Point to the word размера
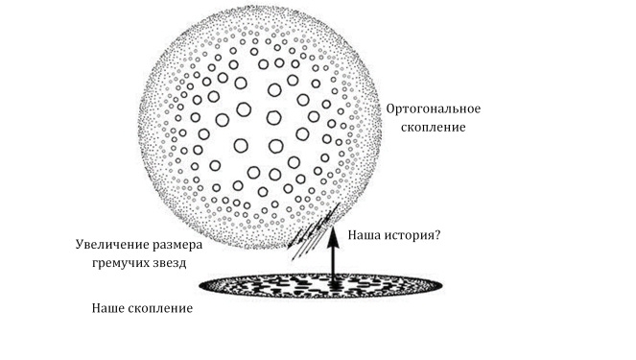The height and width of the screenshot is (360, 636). [x=179, y=245]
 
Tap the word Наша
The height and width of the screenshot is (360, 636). [x=365, y=234]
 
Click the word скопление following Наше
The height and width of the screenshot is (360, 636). [x=159, y=309]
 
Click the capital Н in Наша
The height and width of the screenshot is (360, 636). [x=352, y=234]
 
